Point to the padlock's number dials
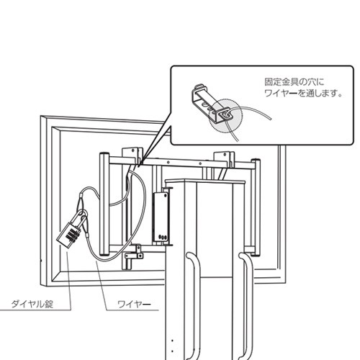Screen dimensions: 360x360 tap(71, 235)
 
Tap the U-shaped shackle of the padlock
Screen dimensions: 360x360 tap(79, 218)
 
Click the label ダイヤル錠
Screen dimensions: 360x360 tap(32, 304)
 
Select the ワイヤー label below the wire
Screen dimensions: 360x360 tap(134, 305)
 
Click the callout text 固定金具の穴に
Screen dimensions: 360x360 tap(294, 81)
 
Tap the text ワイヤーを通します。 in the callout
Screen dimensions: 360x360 tap(303, 93)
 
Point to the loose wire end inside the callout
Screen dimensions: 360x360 tap(271, 118)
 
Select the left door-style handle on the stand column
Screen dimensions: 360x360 tap(194, 305)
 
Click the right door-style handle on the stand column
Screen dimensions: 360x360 tap(247, 305)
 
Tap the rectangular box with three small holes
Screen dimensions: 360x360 tap(161, 217)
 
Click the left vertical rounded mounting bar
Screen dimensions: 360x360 tap(104, 204)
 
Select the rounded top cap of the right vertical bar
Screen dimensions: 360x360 tap(256, 161)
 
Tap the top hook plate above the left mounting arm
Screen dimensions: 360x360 tap(131, 153)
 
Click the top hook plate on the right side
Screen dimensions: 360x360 tap(224, 156)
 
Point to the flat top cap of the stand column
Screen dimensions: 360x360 tap(206, 181)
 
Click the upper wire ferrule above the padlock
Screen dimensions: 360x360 tap(81, 202)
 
